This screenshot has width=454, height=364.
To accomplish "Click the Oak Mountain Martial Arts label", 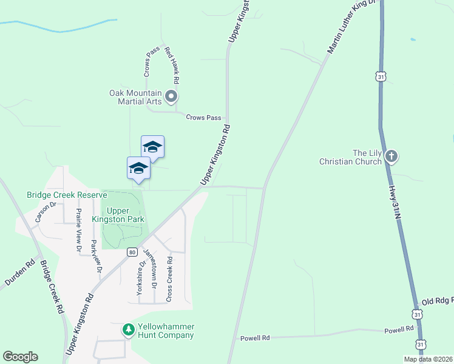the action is pyautogui.click(x=135, y=97).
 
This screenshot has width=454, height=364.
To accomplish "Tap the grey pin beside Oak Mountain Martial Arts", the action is pyautogui.click(x=171, y=96).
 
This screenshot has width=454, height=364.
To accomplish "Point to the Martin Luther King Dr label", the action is pyautogui.click(x=353, y=27).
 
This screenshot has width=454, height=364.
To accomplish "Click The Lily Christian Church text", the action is pyautogui.click(x=351, y=157).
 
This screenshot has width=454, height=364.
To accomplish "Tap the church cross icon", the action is pyautogui.click(x=391, y=157).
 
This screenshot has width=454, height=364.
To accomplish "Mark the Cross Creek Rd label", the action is pyautogui.click(x=169, y=278).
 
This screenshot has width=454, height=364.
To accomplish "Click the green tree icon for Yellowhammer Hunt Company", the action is pyautogui.click(x=128, y=330).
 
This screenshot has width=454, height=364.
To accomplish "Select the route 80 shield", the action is pyautogui.click(x=132, y=251).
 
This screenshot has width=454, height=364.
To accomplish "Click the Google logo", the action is pyautogui.click(x=20, y=356).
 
